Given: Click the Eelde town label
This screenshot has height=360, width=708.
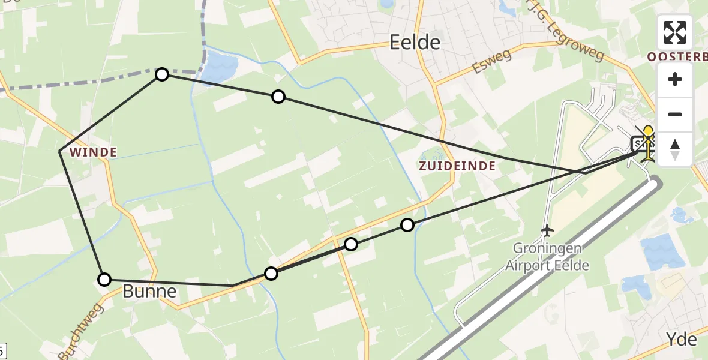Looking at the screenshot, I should click(415, 42).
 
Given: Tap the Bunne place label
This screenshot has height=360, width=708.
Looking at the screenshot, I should click(150, 292).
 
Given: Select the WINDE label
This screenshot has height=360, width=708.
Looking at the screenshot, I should click(93, 152).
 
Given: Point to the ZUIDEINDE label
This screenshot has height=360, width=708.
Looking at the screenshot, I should click(457, 166).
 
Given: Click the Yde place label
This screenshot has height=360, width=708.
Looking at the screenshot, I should click(682, 340).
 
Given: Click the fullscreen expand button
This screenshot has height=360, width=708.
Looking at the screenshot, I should click(675, 32).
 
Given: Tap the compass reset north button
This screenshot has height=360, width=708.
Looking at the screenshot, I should click(675, 149).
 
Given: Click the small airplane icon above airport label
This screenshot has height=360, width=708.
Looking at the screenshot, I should click(546, 230).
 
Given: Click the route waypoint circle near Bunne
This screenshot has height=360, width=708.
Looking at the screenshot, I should click(104, 279).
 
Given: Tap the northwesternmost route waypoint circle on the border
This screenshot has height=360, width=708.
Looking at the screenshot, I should click(162, 74).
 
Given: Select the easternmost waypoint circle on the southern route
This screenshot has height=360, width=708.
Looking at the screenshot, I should click(407, 225).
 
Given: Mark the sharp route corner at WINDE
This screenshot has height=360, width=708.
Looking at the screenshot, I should click(60, 152).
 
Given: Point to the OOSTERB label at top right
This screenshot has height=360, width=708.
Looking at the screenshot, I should click(677, 56).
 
